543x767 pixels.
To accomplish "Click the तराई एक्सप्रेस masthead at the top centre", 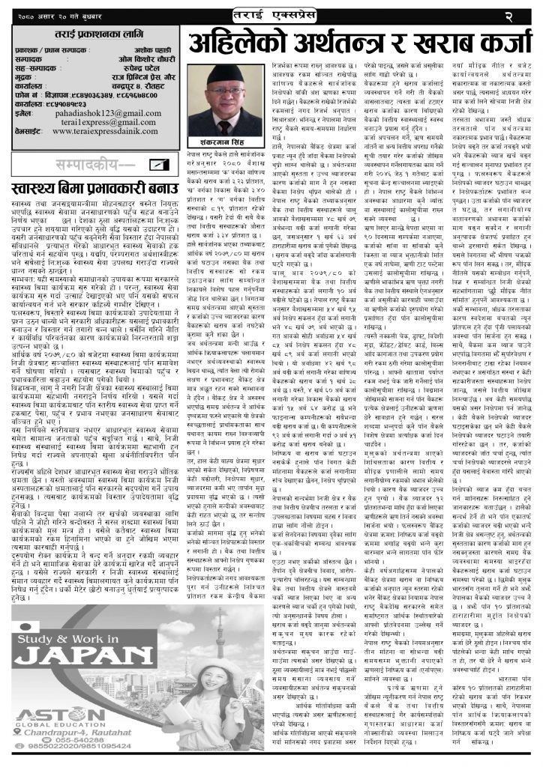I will [274, 13].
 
